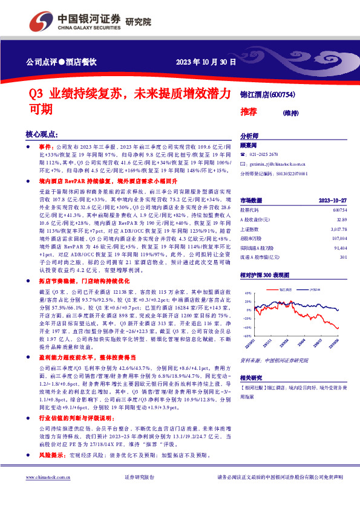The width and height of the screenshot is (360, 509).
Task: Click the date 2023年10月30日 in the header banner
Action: click(x=205, y=62)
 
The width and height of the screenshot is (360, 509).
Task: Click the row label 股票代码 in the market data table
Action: click(x=251, y=209)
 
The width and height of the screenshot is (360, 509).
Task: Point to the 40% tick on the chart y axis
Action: click(x=247, y=292)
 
